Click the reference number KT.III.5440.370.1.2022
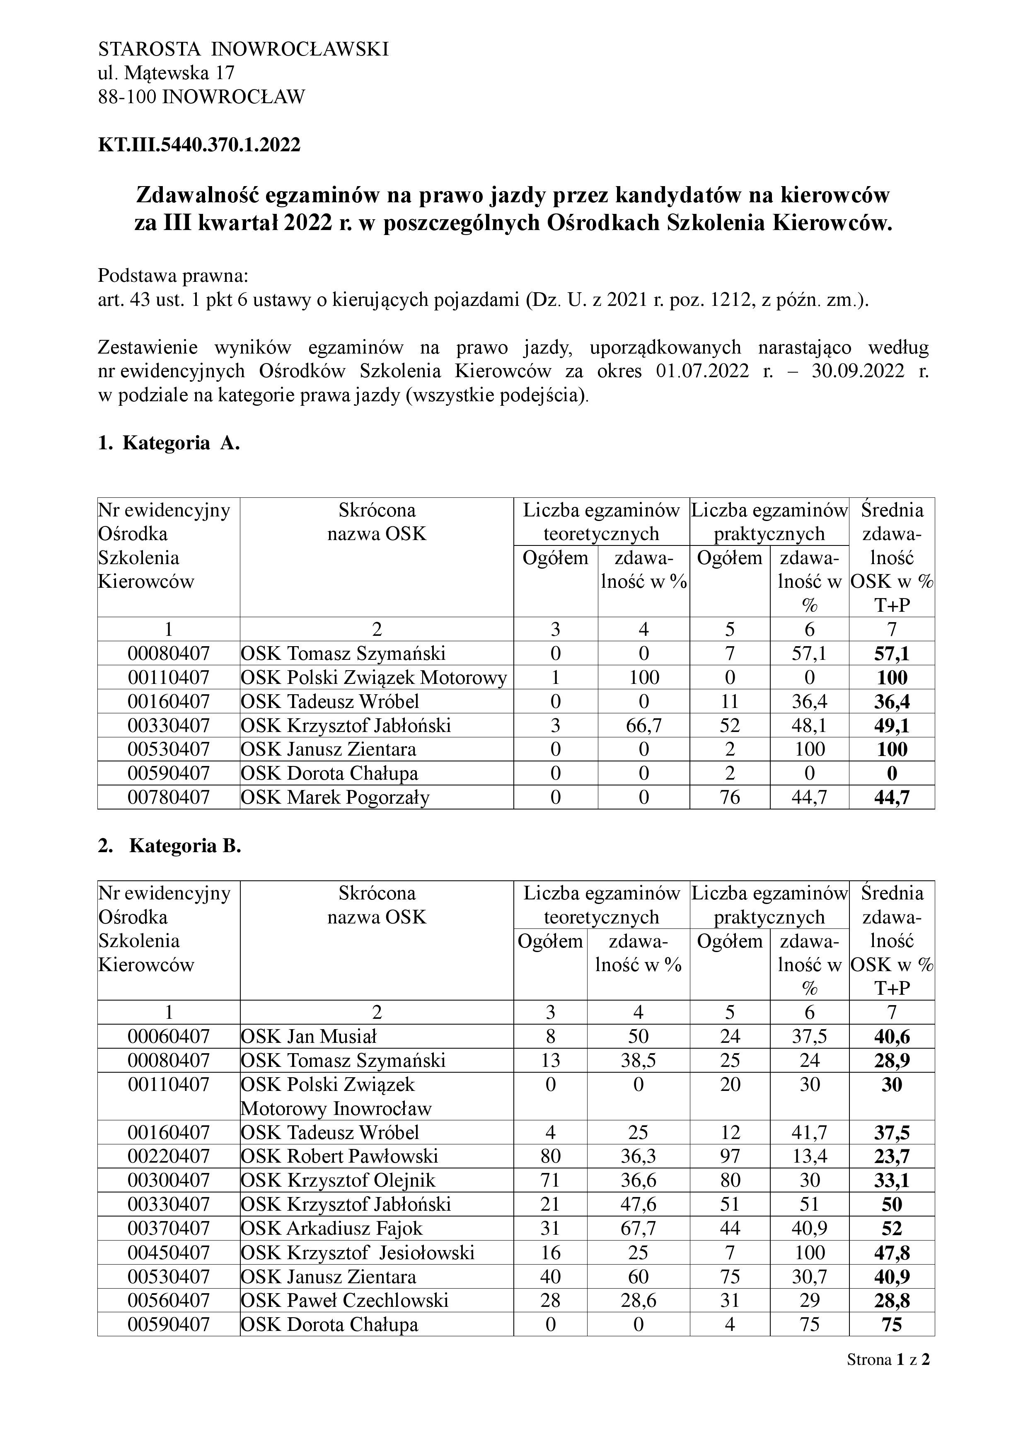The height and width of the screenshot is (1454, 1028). coord(199,145)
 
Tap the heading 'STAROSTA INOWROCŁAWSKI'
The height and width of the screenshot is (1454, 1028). coord(243,49)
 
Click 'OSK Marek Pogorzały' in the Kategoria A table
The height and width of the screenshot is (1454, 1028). coord(335,797)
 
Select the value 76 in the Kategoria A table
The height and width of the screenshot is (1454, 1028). coord(729,797)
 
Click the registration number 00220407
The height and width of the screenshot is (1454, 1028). coord(168,1156)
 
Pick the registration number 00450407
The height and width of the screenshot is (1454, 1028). coord(168,1253)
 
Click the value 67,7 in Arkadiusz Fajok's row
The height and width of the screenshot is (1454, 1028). coord(638,1229)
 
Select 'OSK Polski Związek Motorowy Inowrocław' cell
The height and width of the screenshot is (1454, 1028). coord(336,1097)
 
